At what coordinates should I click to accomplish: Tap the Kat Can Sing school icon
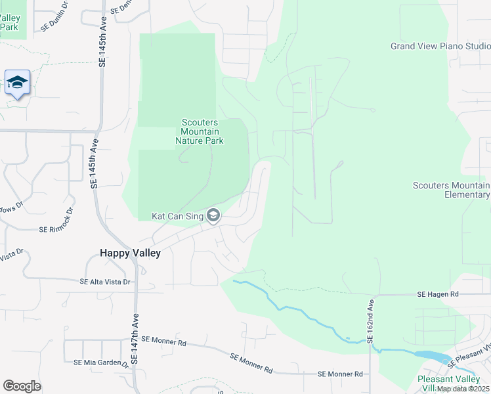pyautogui.click(x=213, y=215)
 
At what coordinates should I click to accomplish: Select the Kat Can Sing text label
pyautogui.click(x=177, y=215)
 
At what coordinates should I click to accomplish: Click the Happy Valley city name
pyautogui.click(x=130, y=252)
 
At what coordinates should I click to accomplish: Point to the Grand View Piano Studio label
pyautogui.click(x=440, y=46)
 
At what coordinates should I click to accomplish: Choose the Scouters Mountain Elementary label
pyautogui.click(x=452, y=190)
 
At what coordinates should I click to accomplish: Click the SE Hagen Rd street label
pyautogui.click(x=437, y=296)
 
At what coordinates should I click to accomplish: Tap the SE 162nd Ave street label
pyautogui.click(x=370, y=322)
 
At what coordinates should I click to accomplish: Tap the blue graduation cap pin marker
pyautogui.click(x=17, y=83)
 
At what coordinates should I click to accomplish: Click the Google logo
pyautogui.click(x=22, y=386)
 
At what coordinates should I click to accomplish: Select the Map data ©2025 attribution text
pyautogui.click(x=463, y=389)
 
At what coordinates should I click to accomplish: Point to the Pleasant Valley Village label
pyautogui.click(x=453, y=383)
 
